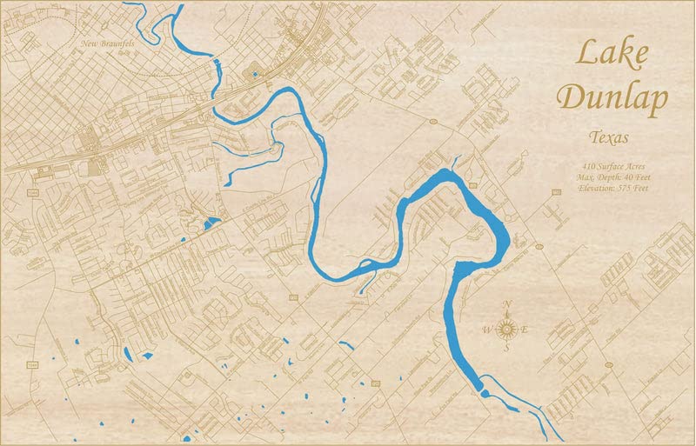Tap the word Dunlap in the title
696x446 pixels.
(x=612, y=97)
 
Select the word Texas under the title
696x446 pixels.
(x=610, y=137)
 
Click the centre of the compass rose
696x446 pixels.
(x=509, y=328)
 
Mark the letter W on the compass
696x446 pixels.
(x=488, y=329)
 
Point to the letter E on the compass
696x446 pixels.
(x=525, y=329)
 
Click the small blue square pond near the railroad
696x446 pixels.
(x=255, y=74)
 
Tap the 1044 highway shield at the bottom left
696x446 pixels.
(x=32, y=363)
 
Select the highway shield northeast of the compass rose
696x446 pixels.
(x=540, y=246)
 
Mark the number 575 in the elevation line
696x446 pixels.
(x=633, y=189)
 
